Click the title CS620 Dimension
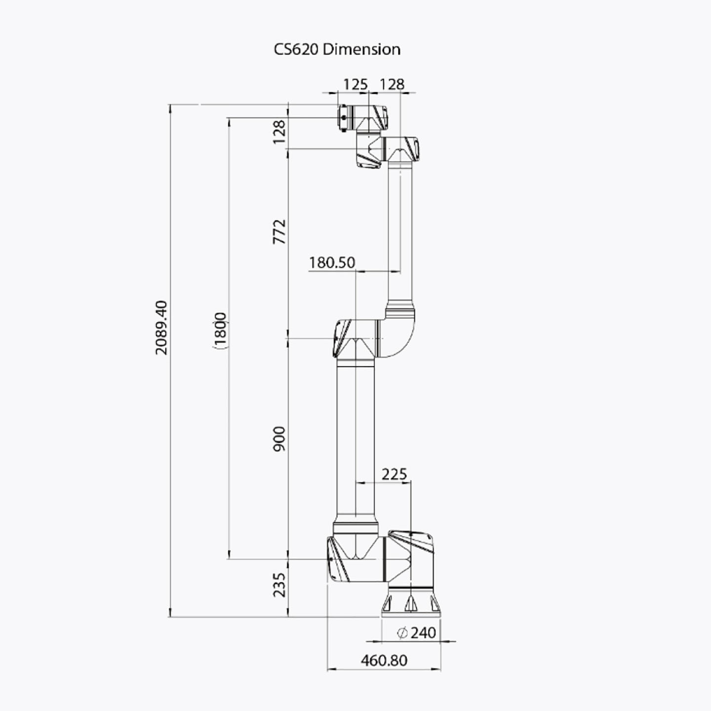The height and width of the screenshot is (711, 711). pos(337,49)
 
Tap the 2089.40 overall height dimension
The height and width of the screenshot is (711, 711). pos(161,327)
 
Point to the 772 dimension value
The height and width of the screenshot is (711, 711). pos(279,232)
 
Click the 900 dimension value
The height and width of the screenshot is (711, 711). pos(279,438)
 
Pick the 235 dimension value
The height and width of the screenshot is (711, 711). pos(279,585)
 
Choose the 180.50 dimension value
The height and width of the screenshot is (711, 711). pos(332,262)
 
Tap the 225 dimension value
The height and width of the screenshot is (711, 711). pos(394,474)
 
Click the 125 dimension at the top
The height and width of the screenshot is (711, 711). pos(355,84)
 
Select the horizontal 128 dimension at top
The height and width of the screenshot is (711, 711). pos(392,84)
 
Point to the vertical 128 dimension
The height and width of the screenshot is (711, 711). pos(279,131)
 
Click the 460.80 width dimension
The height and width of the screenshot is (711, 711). pos(384,660)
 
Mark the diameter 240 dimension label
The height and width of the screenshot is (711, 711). pos(417,632)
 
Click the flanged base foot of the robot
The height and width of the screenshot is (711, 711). pos(410,603)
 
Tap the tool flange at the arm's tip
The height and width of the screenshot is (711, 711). pos(342,118)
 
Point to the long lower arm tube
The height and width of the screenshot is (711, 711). pos(355,439)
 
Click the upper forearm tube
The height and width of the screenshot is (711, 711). pos(400,232)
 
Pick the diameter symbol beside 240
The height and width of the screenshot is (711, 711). pos(402,632)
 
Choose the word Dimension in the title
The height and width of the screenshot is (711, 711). pos(361,49)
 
